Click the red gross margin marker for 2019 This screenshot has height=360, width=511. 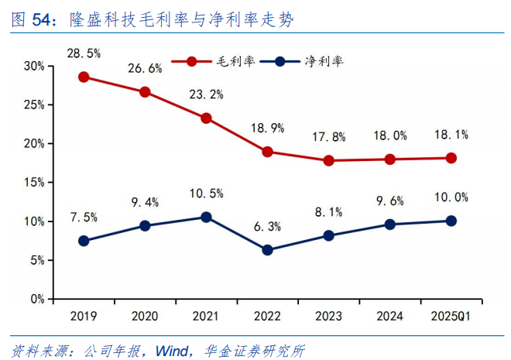tap(83, 77)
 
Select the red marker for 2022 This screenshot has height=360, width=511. tap(267, 152)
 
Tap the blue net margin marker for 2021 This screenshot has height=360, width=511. tap(206, 217)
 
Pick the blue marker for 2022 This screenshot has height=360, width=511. tap(267, 250)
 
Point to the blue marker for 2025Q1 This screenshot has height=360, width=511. tap(451, 221)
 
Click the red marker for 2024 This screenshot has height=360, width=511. tap(390, 159)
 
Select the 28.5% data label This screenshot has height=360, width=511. tap(83, 53)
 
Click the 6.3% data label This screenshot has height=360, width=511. tap(267, 227)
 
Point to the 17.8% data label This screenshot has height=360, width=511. tap(328, 137)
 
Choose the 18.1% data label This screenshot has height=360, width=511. tap(451, 135)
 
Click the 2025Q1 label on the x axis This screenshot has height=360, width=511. tap(451, 315)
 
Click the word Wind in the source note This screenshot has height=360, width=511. tap(173, 348)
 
